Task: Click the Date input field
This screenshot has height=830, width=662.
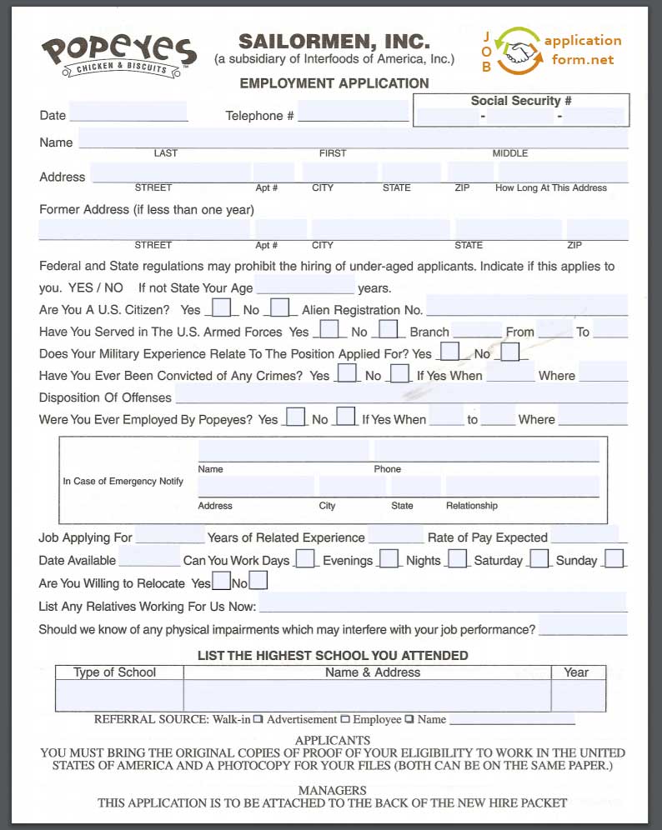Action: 128,112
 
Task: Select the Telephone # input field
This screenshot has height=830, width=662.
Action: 354,112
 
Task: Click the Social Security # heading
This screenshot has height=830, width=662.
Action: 520,101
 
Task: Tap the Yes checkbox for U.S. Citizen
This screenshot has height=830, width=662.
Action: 221,308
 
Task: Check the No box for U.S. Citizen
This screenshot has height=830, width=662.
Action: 279,308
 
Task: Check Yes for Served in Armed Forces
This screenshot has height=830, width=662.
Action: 329,330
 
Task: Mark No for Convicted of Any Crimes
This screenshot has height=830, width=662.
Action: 400,373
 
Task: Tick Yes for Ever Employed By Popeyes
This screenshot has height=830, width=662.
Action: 295,417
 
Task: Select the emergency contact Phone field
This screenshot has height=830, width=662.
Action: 486,452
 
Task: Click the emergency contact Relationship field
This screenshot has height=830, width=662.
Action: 522,487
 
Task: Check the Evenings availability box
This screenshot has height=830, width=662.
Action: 389,559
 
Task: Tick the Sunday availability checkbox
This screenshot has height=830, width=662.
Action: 614,559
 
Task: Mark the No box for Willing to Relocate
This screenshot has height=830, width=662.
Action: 258,581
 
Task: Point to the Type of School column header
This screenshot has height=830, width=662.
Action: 115,672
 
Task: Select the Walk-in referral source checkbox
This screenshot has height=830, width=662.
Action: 258,719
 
